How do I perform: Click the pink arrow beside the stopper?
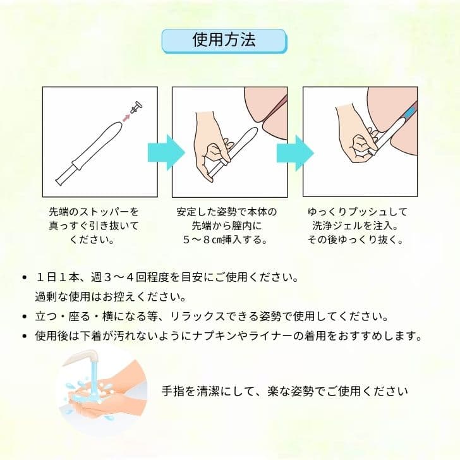pos(126,116)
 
